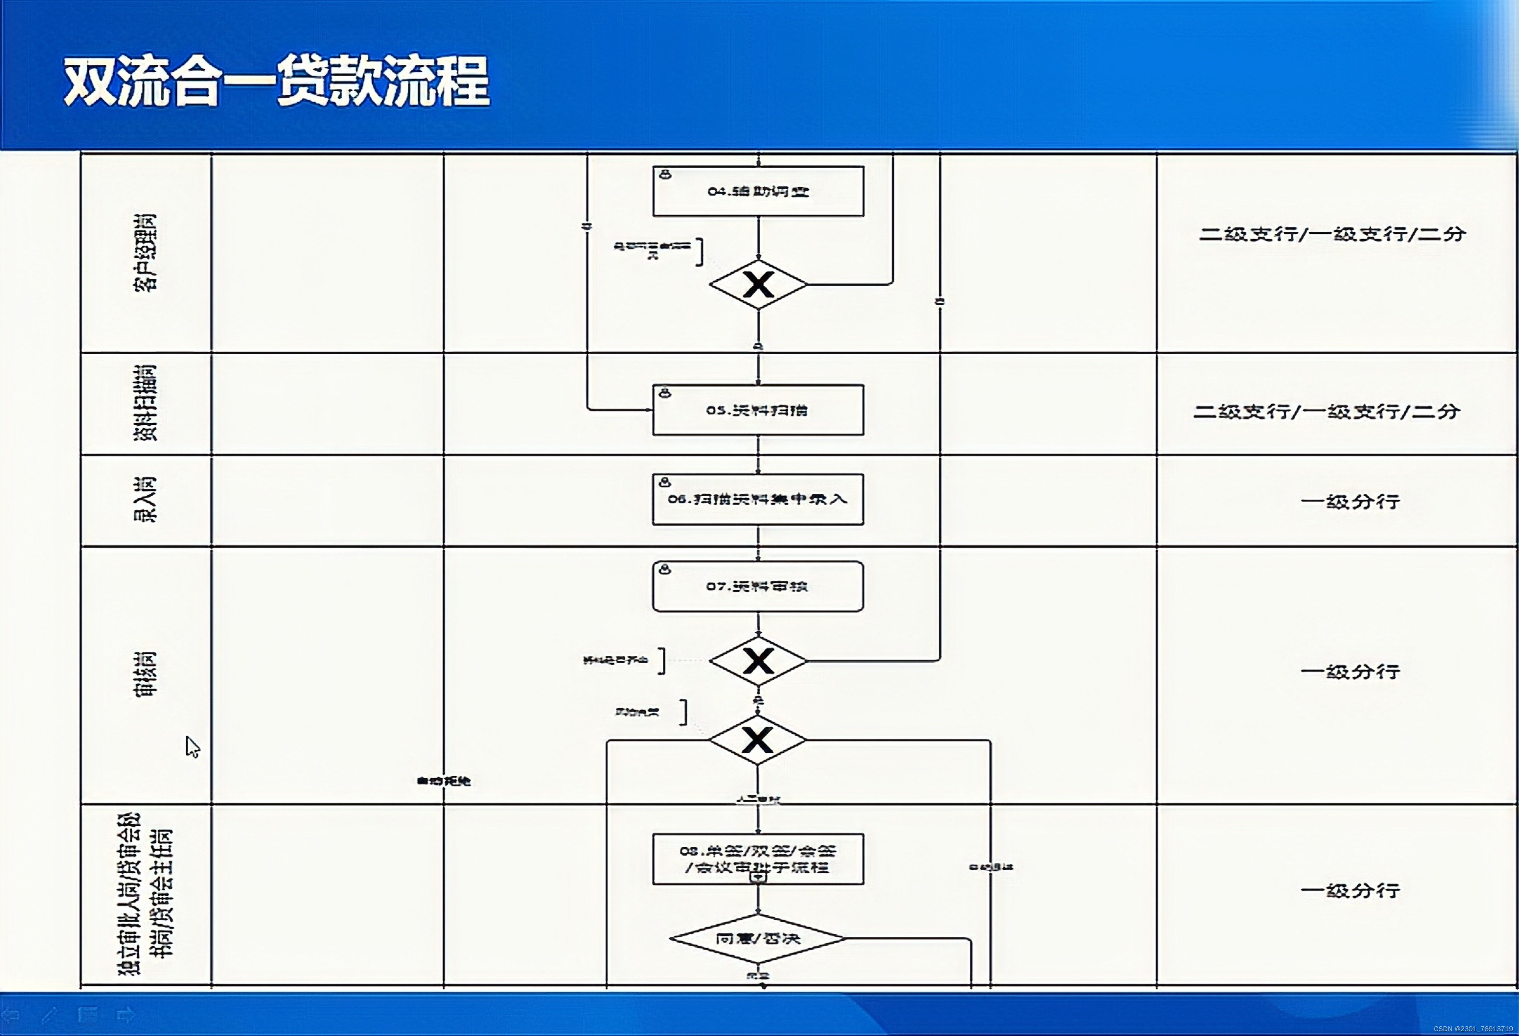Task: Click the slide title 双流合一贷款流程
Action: click(276, 81)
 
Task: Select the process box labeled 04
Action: click(758, 191)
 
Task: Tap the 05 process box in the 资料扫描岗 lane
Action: click(758, 410)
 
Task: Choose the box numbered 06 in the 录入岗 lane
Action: click(758, 499)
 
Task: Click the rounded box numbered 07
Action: click(758, 586)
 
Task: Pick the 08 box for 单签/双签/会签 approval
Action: click(758, 858)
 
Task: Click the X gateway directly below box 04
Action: click(758, 285)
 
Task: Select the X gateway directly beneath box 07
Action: click(758, 661)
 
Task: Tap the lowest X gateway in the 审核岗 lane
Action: click(758, 740)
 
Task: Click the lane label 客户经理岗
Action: click(145, 252)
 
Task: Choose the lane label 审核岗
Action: click(145, 674)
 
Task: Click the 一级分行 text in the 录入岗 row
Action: click(1350, 501)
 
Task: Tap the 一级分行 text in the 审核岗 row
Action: click(1350, 671)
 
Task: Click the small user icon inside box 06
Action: click(665, 482)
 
